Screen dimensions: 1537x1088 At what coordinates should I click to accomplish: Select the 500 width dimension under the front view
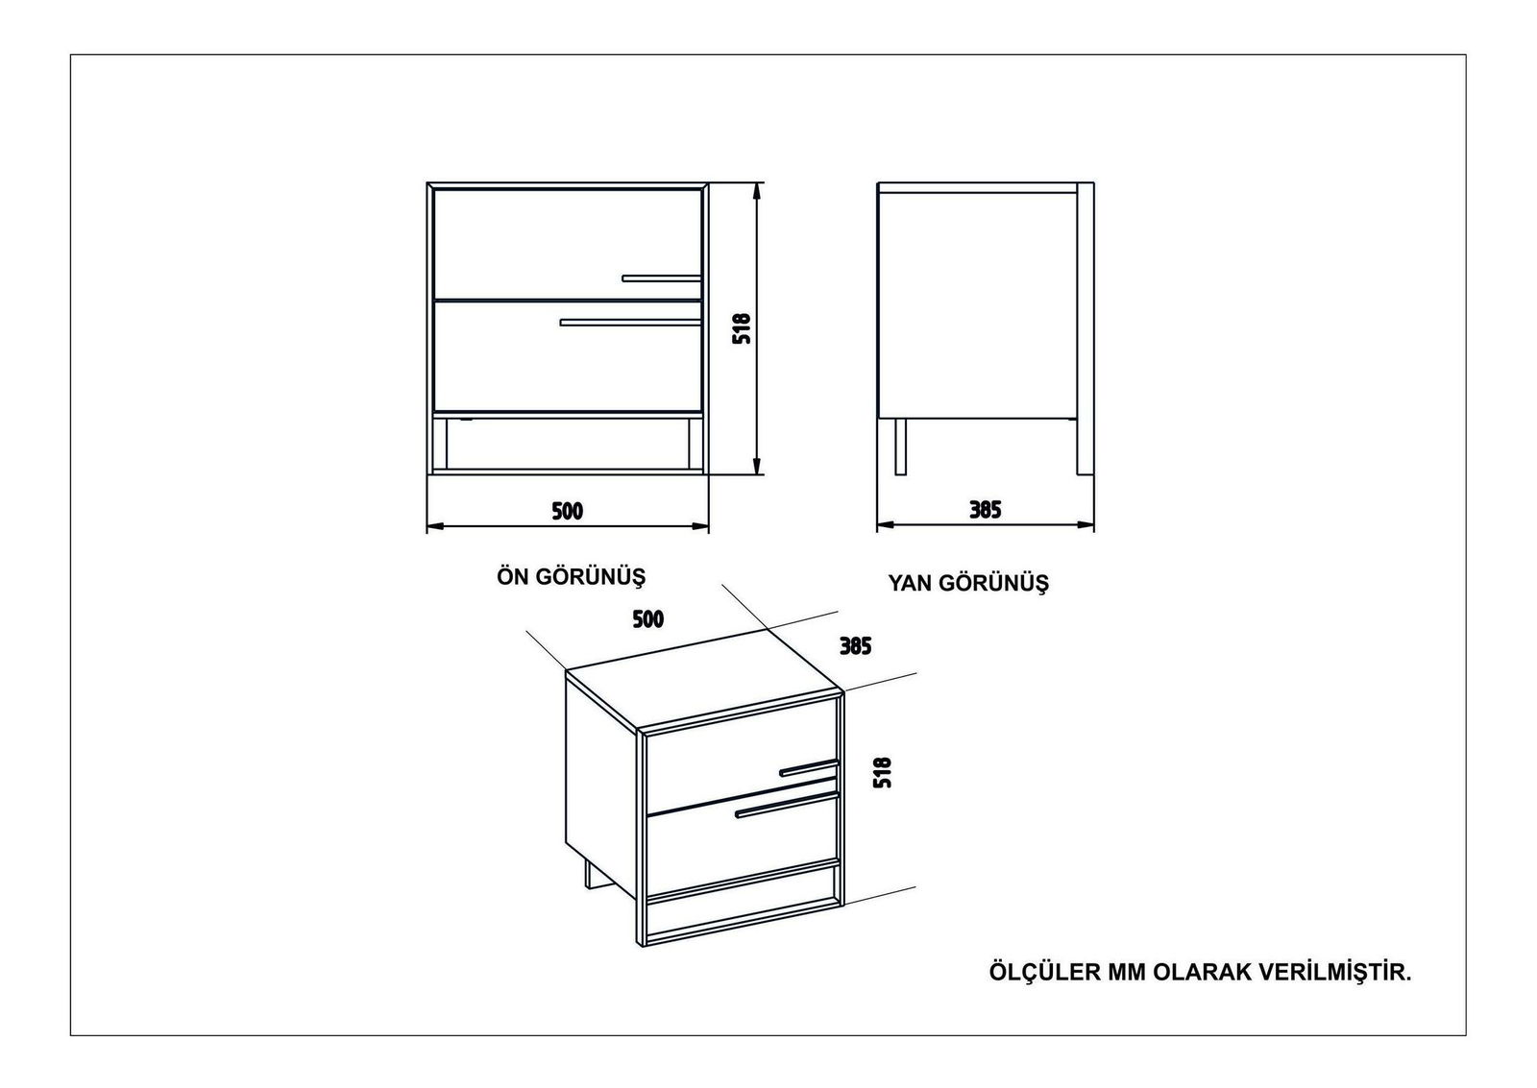[x=568, y=511]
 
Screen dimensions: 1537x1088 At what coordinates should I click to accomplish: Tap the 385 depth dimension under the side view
[x=986, y=510]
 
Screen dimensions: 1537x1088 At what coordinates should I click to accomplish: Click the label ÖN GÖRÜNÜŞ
[x=571, y=577]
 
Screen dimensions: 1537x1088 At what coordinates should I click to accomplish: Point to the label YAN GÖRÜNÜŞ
[x=969, y=583]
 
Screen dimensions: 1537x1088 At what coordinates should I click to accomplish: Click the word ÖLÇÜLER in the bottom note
[x=1043, y=972]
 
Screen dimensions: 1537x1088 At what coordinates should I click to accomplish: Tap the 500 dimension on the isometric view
[x=647, y=619]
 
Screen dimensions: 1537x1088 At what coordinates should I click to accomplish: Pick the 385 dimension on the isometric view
[x=855, y=646]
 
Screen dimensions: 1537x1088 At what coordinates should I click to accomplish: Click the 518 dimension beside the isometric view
[x=882, y=772]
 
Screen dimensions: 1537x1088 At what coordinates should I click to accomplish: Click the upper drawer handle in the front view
[x=662, y=278]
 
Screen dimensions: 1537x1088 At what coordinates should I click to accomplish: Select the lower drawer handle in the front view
[x=630, y=322]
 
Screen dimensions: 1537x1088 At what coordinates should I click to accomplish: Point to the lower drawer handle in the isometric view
[x=787, y=806]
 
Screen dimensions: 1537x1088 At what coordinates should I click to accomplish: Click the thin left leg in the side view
[x=900, y=446]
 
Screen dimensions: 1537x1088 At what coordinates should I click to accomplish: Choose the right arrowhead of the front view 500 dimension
[x=700, y=527]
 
